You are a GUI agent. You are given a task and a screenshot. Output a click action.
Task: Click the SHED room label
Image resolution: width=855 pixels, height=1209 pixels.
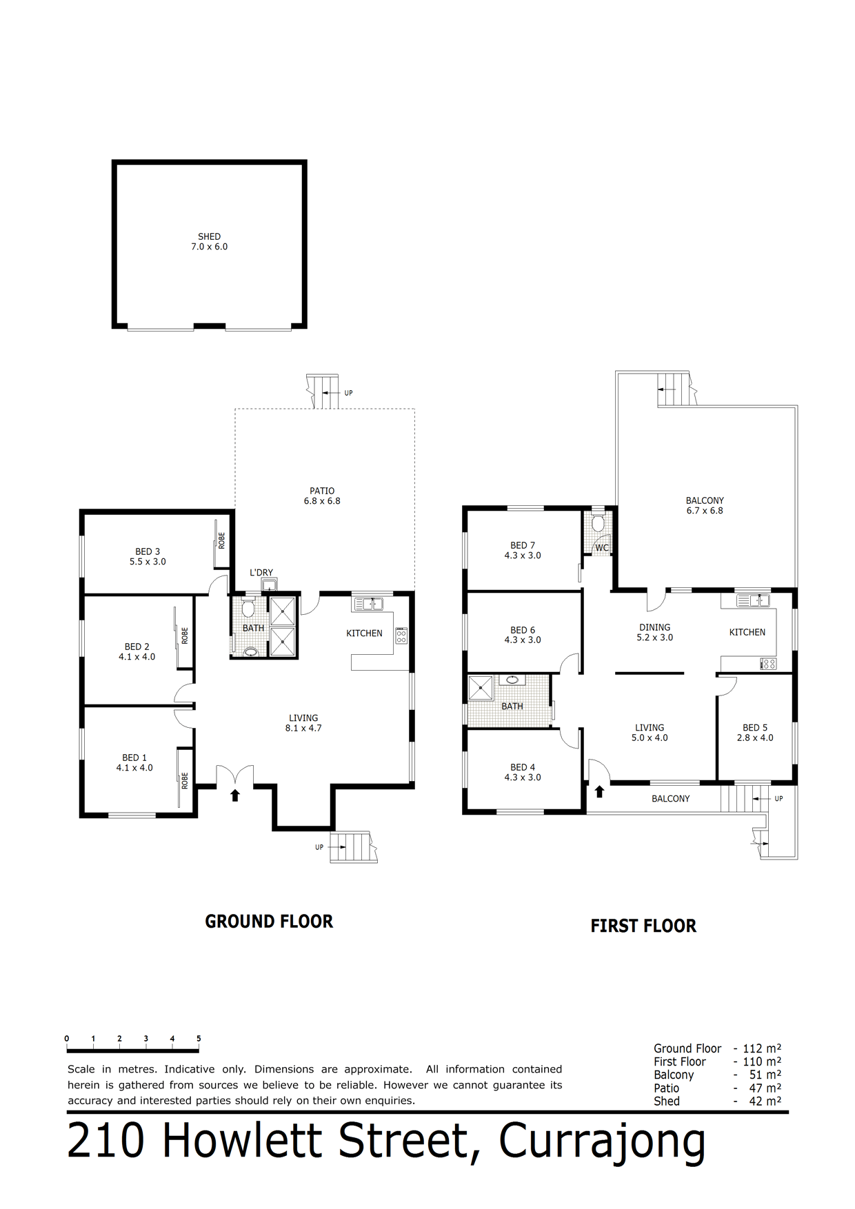(x=209, y=241)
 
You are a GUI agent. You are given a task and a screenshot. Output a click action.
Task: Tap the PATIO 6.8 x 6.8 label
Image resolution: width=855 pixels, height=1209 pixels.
(x=322, y=496)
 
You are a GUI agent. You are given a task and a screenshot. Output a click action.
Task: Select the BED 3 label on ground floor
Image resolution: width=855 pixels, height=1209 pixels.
(x=148, y=556)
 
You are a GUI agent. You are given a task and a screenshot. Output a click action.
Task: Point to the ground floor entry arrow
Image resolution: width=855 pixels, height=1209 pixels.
(x=234, y=795)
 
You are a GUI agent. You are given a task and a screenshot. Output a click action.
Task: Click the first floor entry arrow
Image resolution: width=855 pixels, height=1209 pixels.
(x=599, y=791)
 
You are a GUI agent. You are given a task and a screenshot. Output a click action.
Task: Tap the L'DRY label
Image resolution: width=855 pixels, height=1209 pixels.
(x=261, y=572)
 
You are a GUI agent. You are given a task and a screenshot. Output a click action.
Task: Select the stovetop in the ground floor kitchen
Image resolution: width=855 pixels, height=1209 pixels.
(x=401, y=636)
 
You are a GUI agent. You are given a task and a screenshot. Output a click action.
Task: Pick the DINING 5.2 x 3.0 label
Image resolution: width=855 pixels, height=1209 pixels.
(x=654, y=632)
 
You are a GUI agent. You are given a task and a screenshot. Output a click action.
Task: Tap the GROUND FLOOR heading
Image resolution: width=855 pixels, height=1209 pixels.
(x=269, y=922)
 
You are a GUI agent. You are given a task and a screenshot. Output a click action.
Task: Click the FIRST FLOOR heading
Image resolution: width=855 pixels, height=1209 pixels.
(x=643, y=926)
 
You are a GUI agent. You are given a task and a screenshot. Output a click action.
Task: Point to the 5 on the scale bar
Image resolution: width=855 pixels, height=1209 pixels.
(x=199, y=1038)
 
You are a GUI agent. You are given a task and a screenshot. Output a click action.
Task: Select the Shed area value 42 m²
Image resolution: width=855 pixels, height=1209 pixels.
(x=765, y=1101)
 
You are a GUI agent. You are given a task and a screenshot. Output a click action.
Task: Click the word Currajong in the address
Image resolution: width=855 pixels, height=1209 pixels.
(x=602, y=1141)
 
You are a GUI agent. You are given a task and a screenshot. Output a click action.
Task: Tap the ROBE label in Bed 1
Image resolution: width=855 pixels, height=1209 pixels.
(x=184, y=780)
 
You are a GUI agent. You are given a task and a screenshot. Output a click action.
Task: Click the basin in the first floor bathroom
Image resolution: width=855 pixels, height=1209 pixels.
(x=512, y=680)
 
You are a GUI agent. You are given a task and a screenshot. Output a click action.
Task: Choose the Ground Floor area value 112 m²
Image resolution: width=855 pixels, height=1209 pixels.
(x=762, y=1048)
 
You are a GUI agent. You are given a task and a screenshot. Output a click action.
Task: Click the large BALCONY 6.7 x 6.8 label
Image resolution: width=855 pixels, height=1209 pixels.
(x=705, y=505)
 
